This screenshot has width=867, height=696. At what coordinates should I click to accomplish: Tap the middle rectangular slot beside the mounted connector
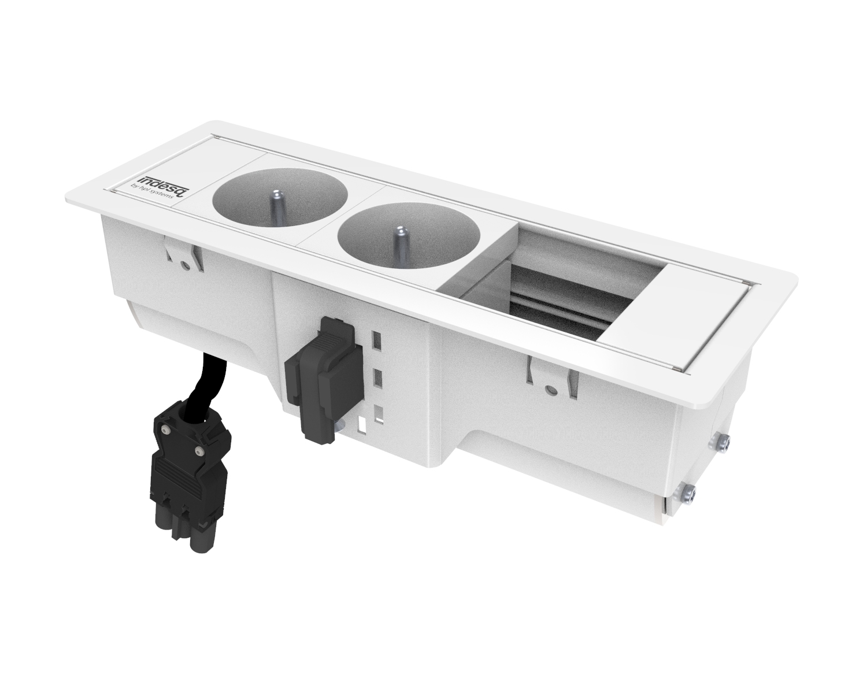pos(378,379)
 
